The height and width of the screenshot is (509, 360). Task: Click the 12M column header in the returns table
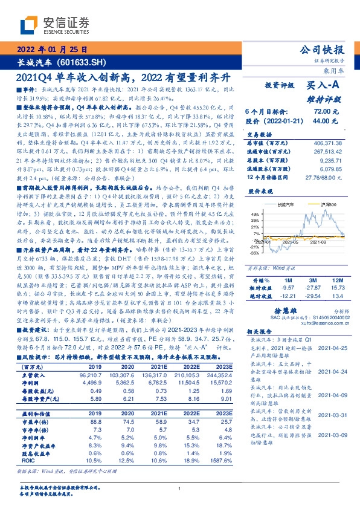[337, 280]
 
